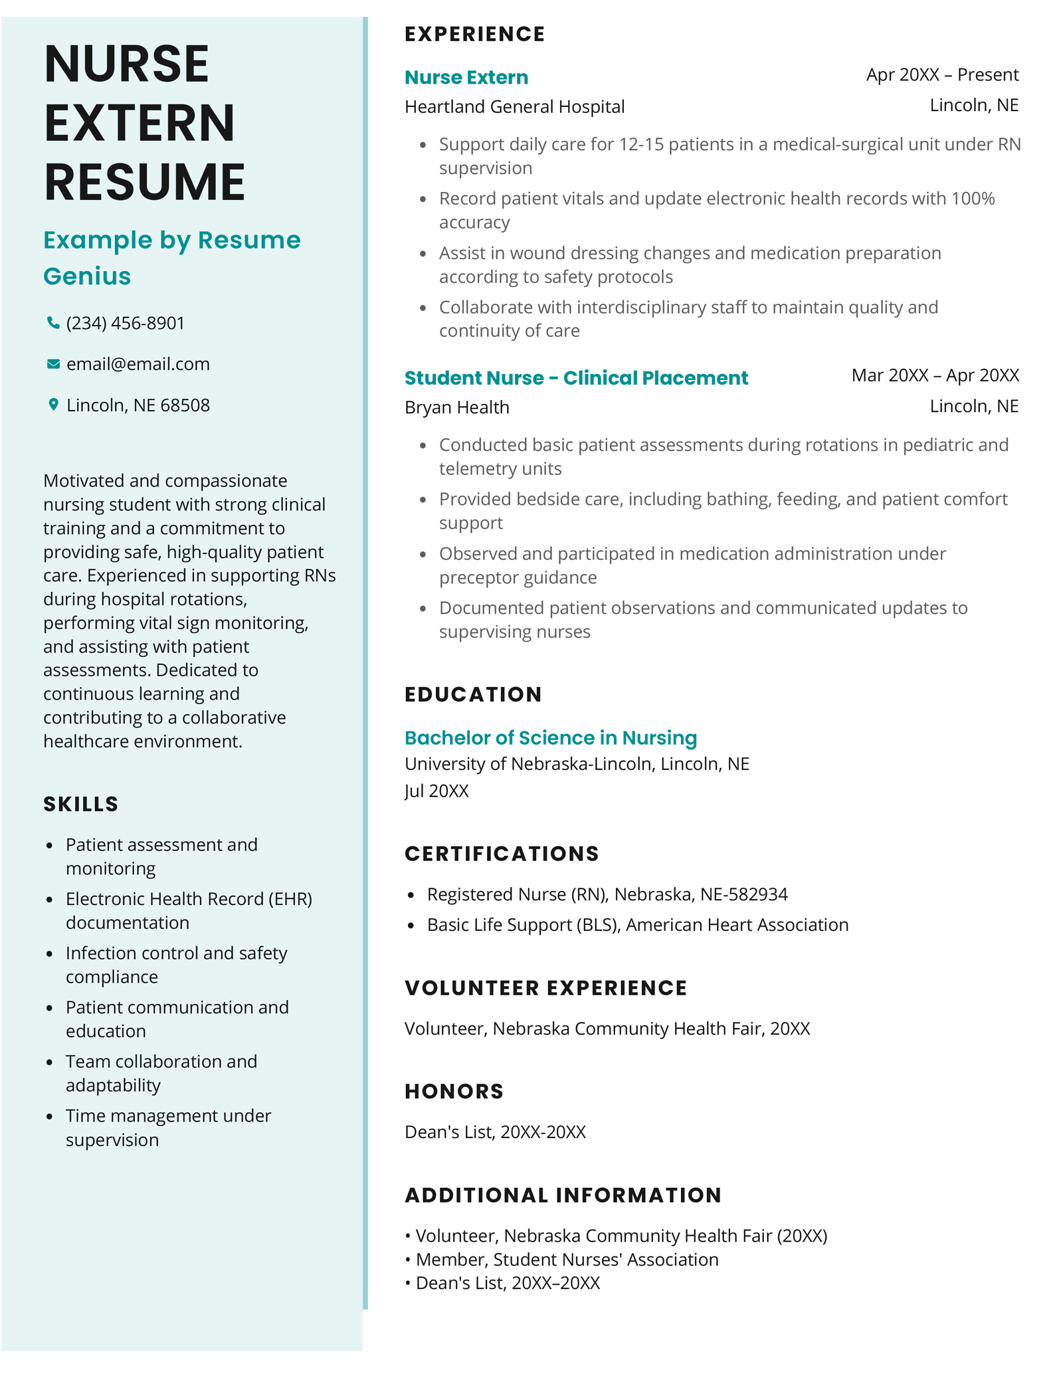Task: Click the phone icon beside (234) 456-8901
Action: click(x=53, y=323)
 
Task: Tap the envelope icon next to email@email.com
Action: click(x=53, y=364)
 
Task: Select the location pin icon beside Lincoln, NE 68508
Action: click(x=53, y=405)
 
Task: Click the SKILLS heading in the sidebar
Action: click(x=80, y=804)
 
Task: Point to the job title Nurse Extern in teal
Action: click(x=466, y=77)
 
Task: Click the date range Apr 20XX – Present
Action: click(x=941, y=74)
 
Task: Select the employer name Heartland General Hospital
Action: click(x=514, y=106)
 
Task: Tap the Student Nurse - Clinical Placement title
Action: click(x=575, y=377)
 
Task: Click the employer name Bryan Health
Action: click(x=456, y=407)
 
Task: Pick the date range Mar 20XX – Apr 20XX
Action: click(x=934, y=375)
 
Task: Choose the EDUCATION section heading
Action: click(x=473, y=694)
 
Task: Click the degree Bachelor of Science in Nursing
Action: click(x=550, y=737)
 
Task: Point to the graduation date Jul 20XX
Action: click(x=436, y=791)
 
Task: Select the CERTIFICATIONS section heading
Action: click(x=502, y=854)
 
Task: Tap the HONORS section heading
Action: click(x=454, y=1091)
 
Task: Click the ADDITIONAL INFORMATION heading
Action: click(x=563, y=1195)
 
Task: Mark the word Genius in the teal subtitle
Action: click(x=87, y=276)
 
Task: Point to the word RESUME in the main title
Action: click(x=145, y=181)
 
